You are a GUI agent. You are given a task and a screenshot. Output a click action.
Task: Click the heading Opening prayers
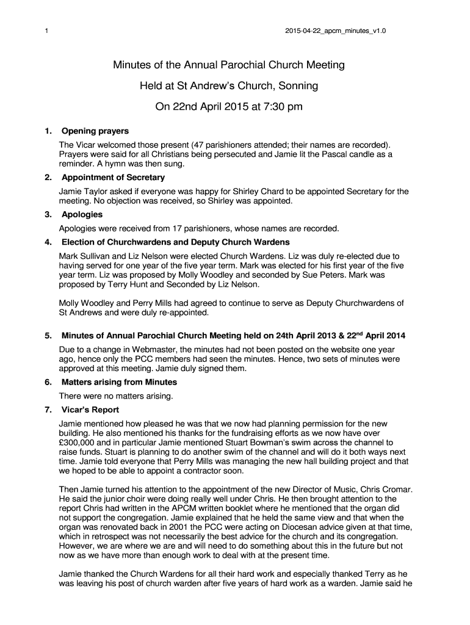pos(95,131)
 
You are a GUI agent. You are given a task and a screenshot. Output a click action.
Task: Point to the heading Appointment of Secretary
pos(113,178)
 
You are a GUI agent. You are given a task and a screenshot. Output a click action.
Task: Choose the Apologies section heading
pos(82,215)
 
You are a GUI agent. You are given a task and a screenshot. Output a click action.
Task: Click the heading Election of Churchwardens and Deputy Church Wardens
pos(172,242)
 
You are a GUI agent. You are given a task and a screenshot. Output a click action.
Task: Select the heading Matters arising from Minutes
pos(119,382)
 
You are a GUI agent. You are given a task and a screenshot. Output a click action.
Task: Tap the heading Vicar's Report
pos(90,410)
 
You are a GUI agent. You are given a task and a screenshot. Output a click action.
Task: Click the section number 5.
pos(48,336)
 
